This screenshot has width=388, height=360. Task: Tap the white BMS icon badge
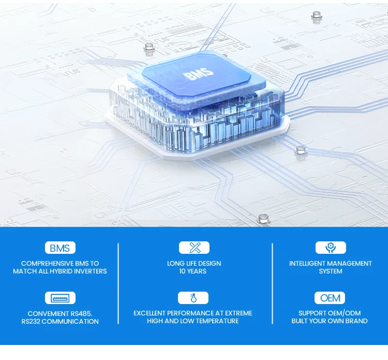[x=60, y=248]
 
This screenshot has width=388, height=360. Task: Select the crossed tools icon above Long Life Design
[x=194, y=248]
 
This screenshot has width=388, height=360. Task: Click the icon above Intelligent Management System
[x=331, y=248]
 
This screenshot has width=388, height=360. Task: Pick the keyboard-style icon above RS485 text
[x=60, y=298]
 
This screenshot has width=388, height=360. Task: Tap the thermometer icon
[x=193, y=298]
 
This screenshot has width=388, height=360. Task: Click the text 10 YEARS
[x=193, y=271]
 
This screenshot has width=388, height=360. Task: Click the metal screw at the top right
[x=317, y=17]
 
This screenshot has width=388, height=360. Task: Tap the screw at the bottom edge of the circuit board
[x=262, y=220]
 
